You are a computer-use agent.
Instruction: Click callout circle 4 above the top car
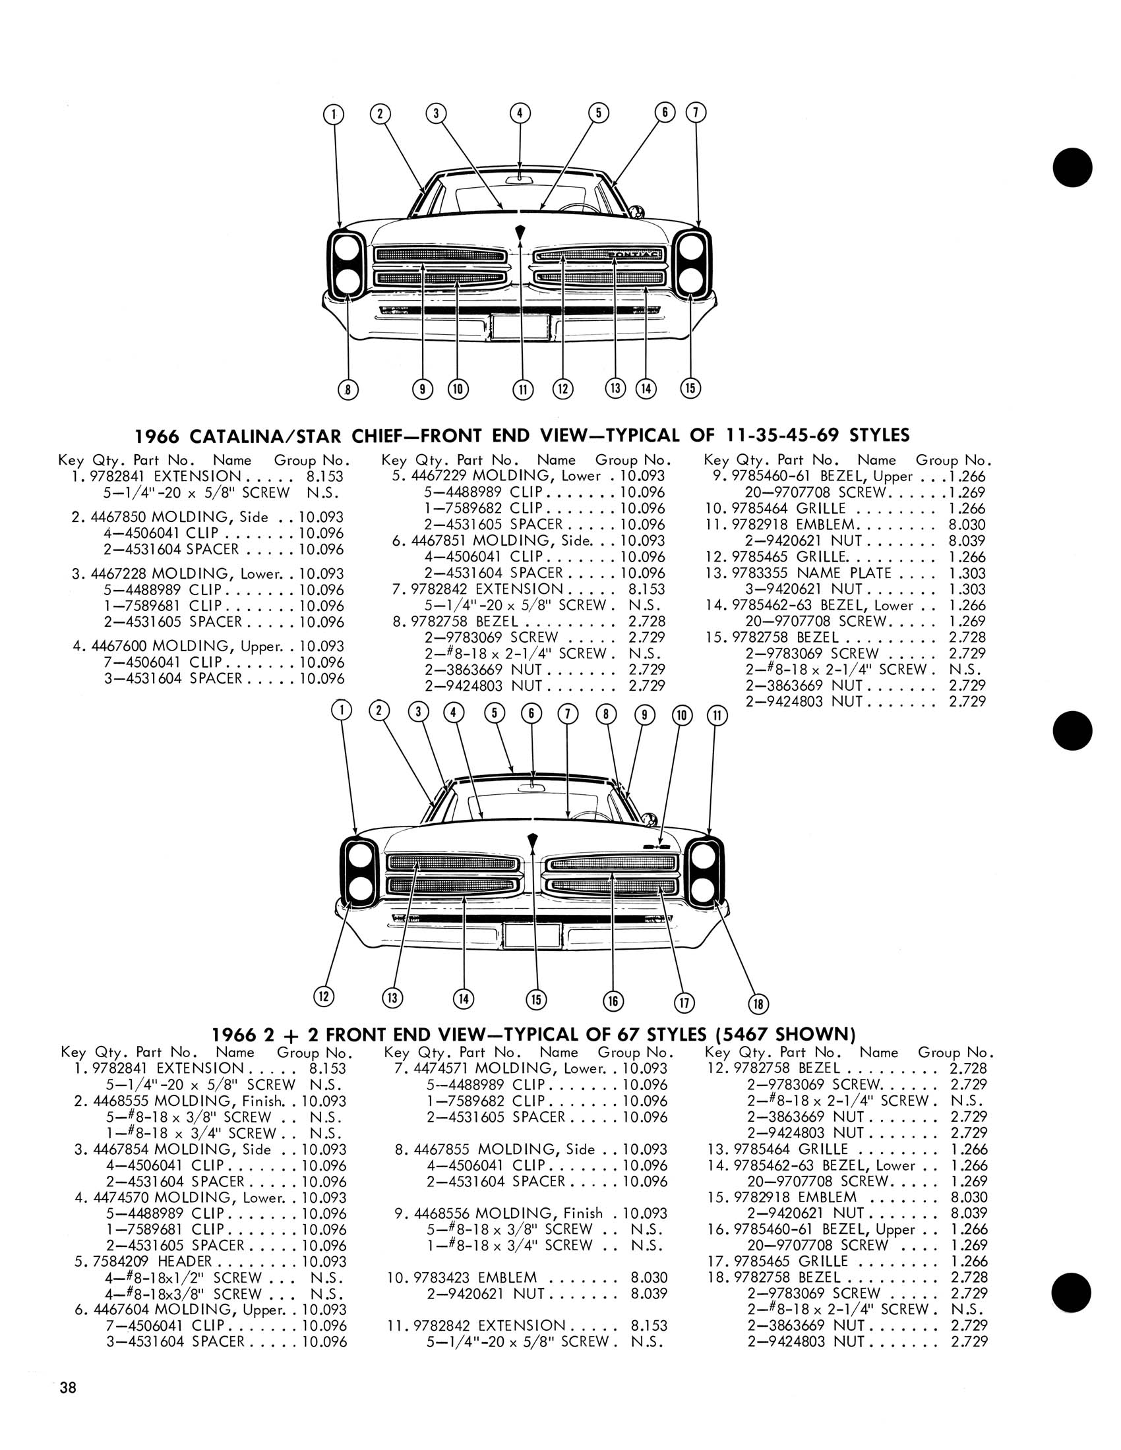[x=520, y=113]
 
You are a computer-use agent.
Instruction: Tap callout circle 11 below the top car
[x=523, y=390]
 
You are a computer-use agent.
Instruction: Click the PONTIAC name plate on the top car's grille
[x=634, y=254]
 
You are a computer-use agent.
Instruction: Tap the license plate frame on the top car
[x=520, y=328]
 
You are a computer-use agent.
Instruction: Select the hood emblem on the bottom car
[x=531, y=840]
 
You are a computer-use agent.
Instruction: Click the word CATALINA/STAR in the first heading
[x=252, y=436]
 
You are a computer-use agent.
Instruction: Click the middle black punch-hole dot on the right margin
[x=1072, y=731]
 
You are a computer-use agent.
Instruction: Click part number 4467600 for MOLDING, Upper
[x=118, y=646]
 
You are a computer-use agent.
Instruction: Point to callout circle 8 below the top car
[x=348, y=390]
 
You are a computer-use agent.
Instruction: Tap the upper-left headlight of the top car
[x=346, y=249]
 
